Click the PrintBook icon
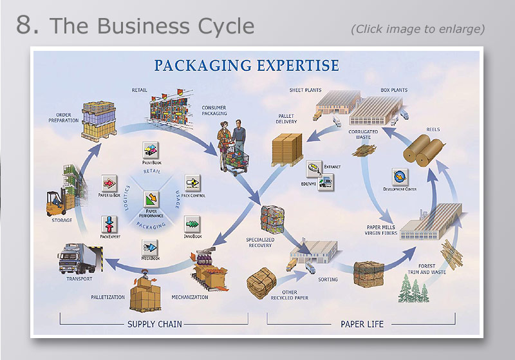(151, 151)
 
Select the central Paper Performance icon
(151, 198)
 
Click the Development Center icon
(400, 176)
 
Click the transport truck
(80, 258)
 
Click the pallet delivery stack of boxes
(287, 149)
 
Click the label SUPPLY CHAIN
(154, 324)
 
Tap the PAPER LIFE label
(361, 324)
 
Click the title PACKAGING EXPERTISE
(246, 66)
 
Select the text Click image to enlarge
(417, 29)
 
